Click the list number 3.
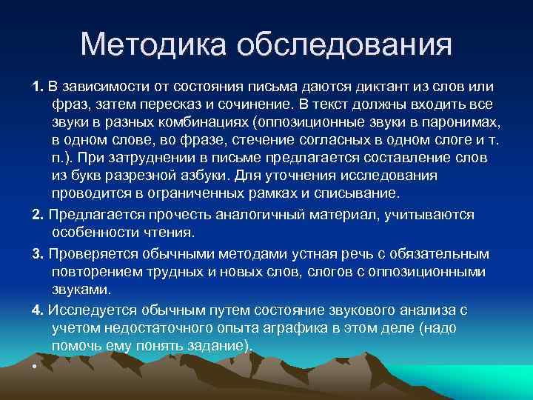38,253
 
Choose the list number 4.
38,309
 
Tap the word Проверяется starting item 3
93,253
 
